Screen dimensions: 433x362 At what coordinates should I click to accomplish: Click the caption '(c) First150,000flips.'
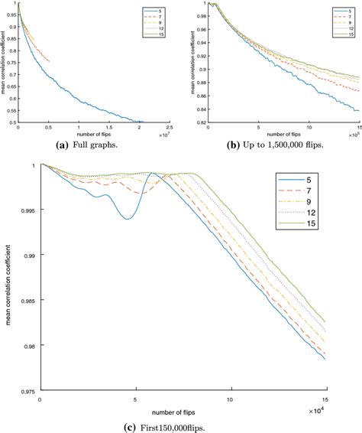tap(181, 425)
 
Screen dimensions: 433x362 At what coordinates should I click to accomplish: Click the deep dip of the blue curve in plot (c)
tap(127, 218)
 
